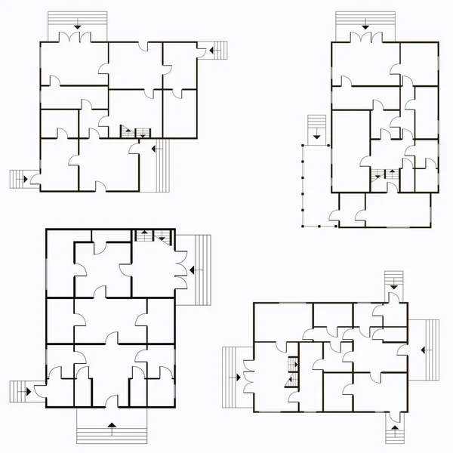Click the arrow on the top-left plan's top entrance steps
click(75, 26)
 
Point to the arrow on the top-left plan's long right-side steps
click(158, 149)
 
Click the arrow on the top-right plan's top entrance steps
click(365, 26)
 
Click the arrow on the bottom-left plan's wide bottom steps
click(112, 425)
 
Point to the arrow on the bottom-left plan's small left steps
click(28, 390)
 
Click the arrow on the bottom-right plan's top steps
click(394, 285)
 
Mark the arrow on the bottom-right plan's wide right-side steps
click(424, 350)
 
